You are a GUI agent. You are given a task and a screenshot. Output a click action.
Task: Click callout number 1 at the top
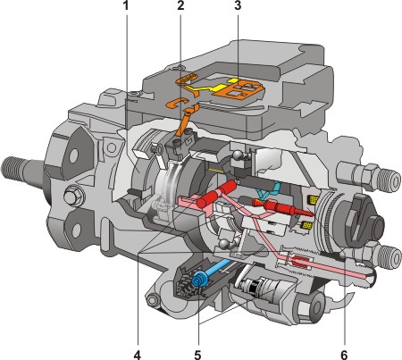coord(126,5)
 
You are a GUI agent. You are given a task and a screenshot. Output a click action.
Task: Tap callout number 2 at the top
coord(180,5)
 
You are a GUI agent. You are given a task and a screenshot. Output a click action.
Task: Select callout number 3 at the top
coord(238,5)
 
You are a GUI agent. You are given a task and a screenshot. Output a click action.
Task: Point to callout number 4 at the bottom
coord(138,355)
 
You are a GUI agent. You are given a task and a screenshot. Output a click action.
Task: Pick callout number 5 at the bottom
coord(197,355)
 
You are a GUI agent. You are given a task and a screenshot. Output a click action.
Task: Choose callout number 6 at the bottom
coord(344,355)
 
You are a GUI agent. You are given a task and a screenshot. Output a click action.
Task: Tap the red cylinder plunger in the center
coord(217,195)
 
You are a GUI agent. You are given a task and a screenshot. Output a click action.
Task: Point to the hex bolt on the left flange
coord(73,197)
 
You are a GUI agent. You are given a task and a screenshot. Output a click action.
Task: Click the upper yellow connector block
coord(313,200)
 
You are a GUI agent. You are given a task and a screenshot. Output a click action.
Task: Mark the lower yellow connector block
coord(307,225)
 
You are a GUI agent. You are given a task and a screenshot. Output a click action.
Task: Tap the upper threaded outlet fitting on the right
coord(369,175)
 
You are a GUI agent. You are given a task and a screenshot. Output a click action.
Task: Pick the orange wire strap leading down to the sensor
coord(186,122)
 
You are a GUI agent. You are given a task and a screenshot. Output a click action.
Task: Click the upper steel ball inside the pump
coord(239,155)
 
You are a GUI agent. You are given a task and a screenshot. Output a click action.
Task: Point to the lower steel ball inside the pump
coord(224,243)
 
